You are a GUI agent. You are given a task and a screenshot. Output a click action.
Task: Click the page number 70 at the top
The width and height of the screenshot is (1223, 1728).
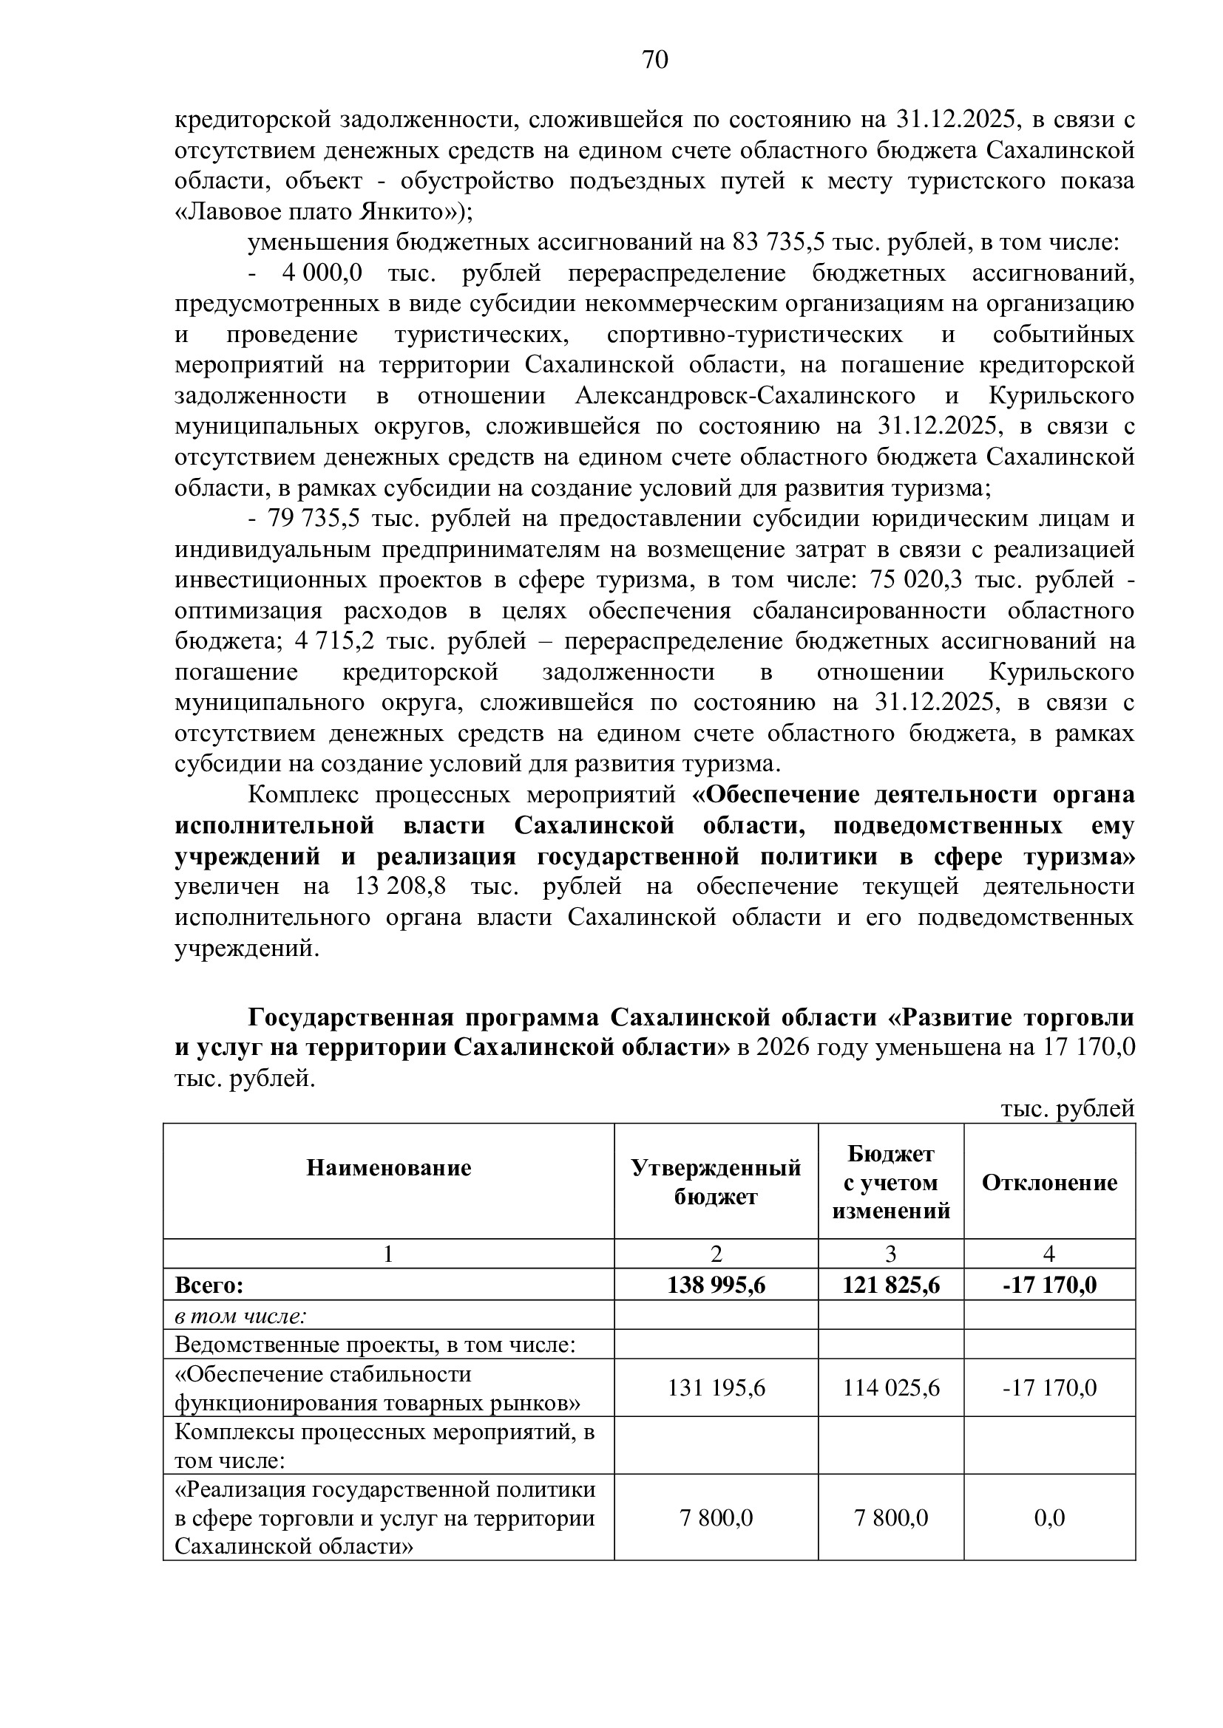click(655, 59)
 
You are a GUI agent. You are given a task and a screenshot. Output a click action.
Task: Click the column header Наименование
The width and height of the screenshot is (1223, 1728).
click(389, 1167)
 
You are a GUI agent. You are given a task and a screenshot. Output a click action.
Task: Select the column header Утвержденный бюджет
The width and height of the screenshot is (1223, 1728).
click(716, 1181)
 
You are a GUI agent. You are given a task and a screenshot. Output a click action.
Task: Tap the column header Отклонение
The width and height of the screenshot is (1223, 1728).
click(1049, 1182)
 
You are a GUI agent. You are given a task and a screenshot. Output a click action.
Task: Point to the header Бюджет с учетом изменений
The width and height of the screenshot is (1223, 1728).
click(891, 1182)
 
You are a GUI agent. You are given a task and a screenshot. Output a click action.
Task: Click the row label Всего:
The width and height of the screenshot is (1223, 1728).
click(209, 1285)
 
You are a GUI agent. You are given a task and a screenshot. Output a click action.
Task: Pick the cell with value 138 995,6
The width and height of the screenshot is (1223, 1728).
click(716, 1285)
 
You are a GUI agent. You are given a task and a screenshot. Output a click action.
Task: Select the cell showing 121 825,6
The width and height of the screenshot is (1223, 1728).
click(891, 1285)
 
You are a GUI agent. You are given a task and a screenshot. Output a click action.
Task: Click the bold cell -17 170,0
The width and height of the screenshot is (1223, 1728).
click(1049, 1285)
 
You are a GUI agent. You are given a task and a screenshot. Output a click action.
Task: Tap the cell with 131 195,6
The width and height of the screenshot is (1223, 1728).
click(716, 1388)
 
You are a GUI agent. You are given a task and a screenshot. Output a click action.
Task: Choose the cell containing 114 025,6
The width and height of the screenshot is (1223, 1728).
click(891, 1388)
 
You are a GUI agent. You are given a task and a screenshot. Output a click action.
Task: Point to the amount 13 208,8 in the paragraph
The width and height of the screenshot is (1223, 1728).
click(399, 887)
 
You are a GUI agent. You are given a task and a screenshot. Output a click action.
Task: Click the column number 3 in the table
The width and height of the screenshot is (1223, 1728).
click(891, 1254)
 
